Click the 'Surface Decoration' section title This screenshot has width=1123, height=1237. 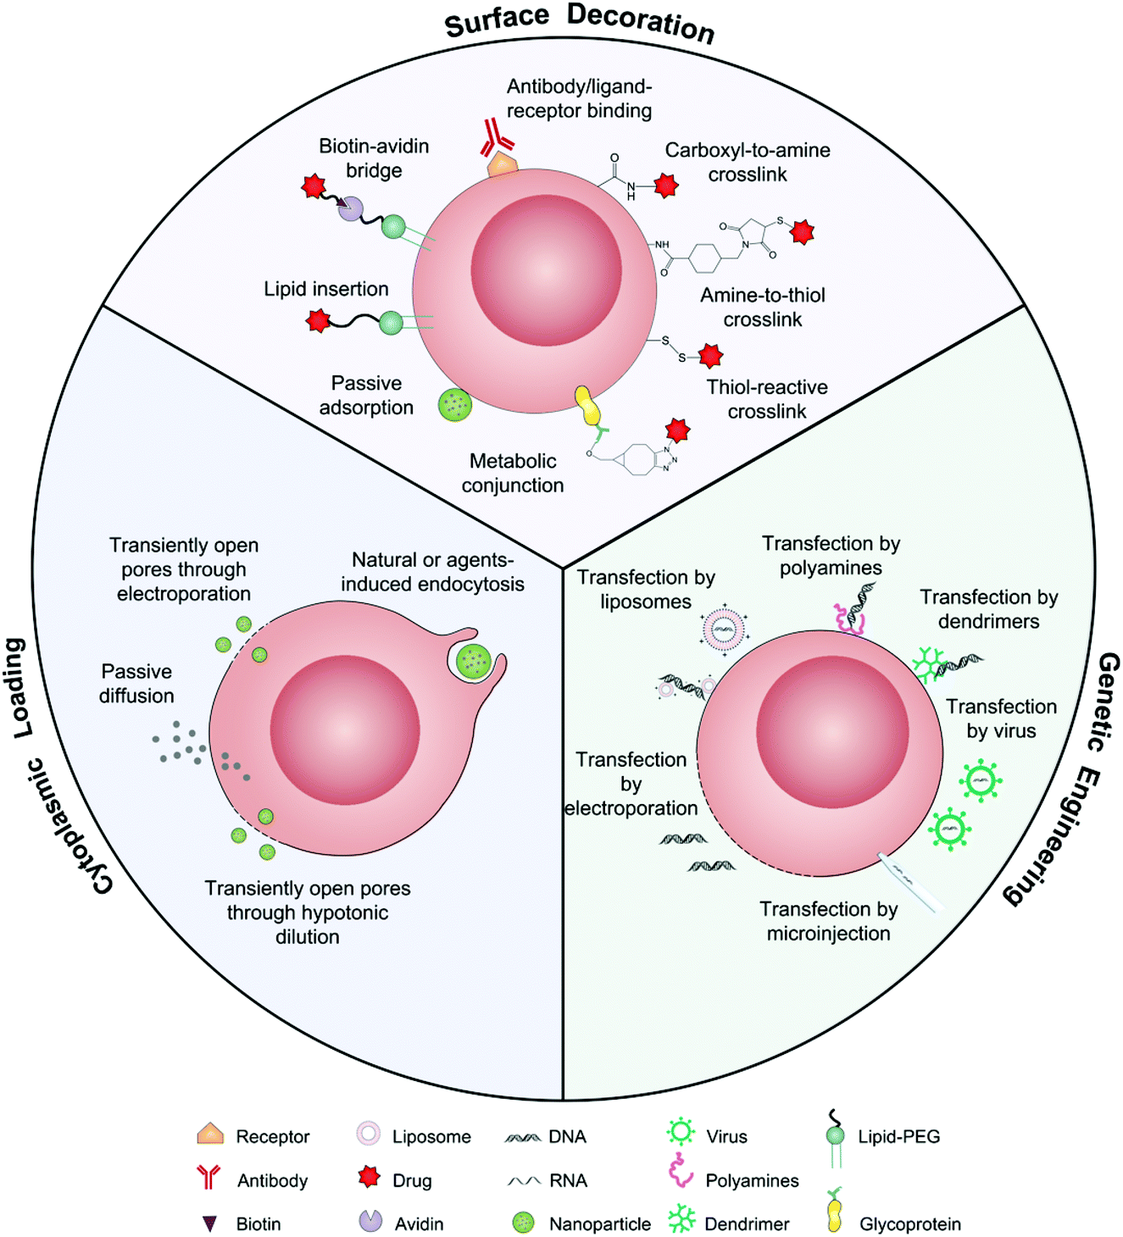(x=580, y=22)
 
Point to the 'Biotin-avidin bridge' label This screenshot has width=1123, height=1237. (x=374, y=158)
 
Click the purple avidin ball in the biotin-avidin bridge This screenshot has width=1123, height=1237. (x=351, y=209)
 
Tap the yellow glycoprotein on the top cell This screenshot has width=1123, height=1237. (x=587, y=407)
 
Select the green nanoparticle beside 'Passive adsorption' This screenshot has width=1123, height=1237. (x=454, y=405)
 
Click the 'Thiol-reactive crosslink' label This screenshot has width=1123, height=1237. (x=767, y=399)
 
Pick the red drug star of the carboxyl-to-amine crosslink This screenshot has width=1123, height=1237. (x=666, y=185)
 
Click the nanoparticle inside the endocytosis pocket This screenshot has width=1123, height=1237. (x=472, y=661)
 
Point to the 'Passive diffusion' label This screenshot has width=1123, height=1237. (x=136, y=684)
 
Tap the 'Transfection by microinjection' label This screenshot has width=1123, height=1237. (x=828, y=921)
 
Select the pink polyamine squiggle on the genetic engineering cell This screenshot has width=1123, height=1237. (x=848, y=619)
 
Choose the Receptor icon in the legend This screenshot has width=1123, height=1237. (x=210, y=1134)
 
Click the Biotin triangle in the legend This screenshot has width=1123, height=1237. (x=209, y=1223)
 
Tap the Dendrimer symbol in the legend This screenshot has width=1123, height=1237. (x=681, y=1221)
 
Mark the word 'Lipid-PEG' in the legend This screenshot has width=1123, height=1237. (x=898, y=1136)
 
